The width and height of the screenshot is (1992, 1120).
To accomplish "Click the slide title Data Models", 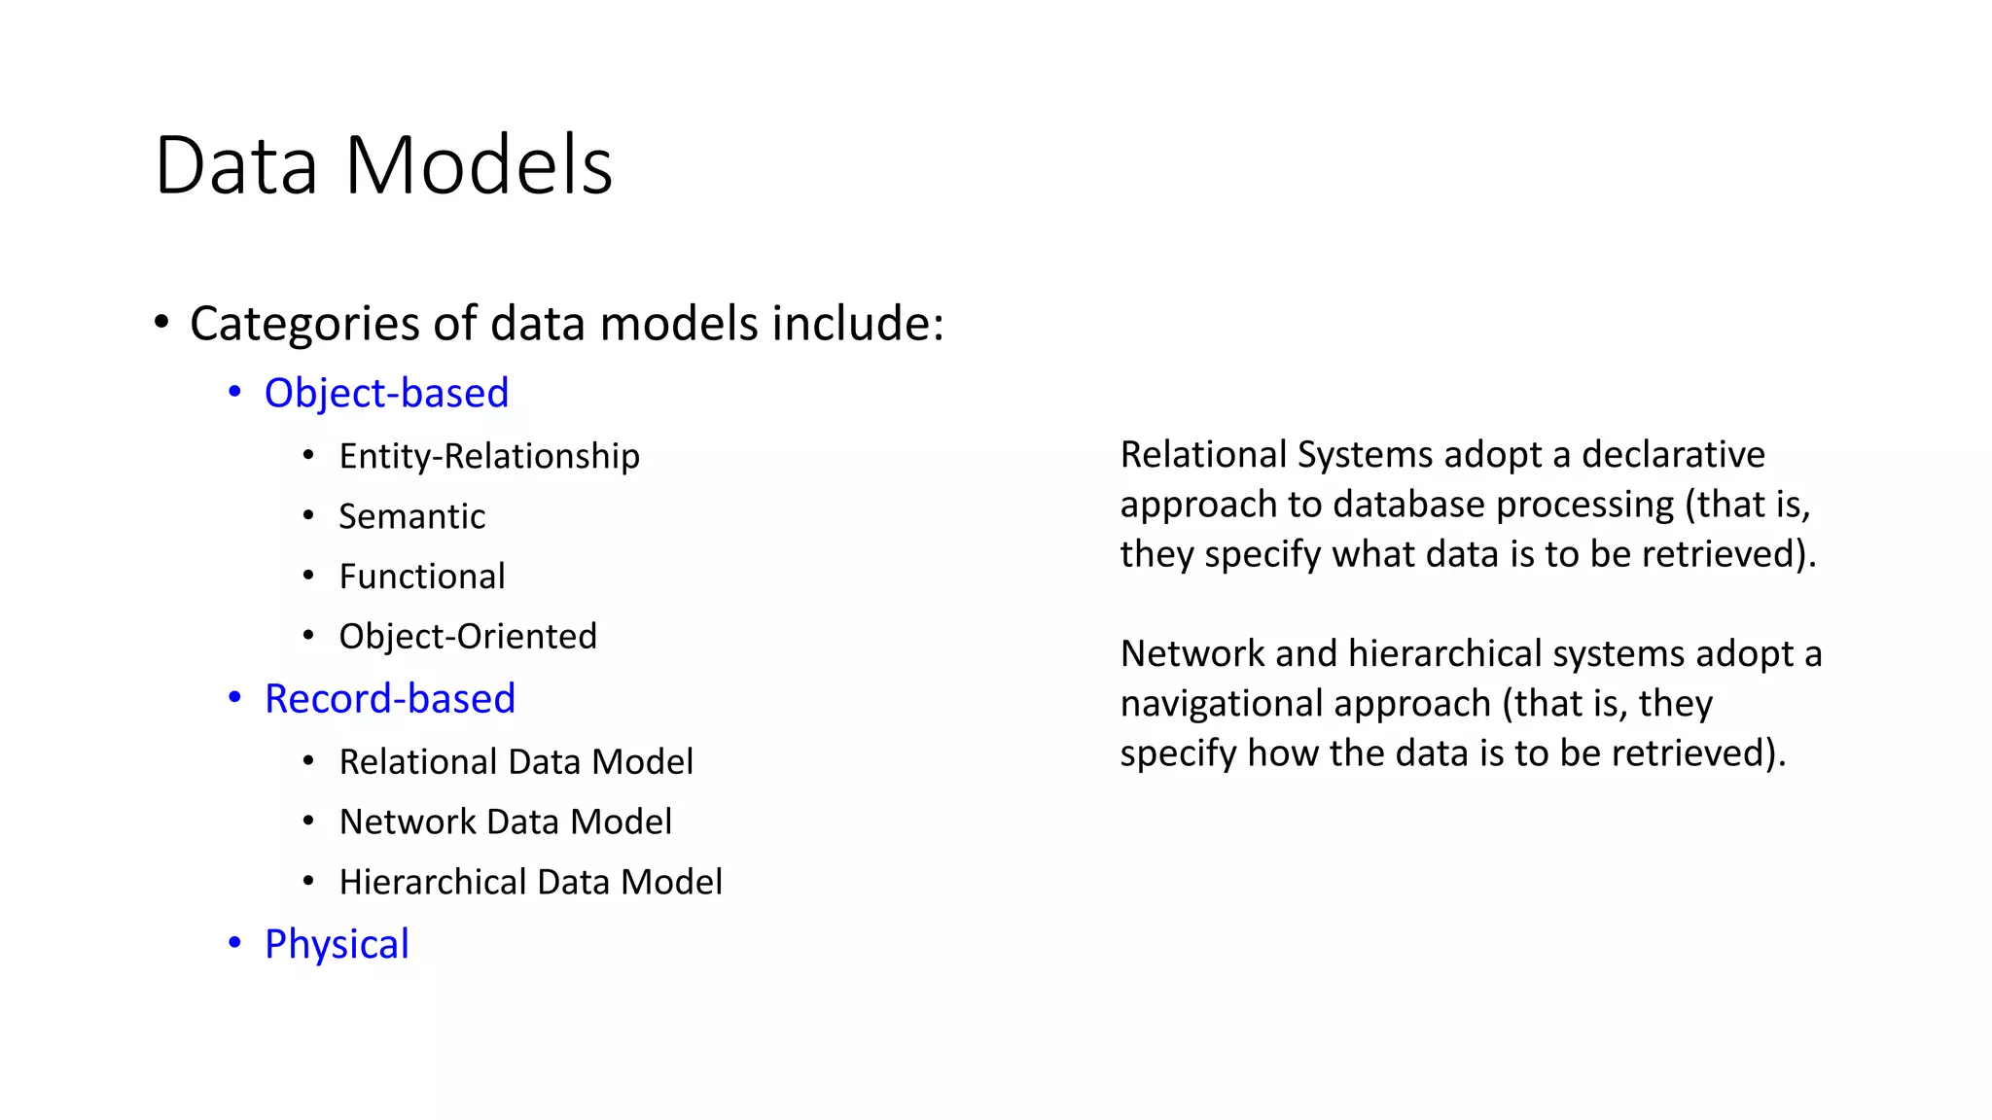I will pos(383,165).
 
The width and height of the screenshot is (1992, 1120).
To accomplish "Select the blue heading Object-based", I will pos(386,393).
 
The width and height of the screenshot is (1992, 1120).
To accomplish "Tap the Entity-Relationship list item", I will pos(489,456).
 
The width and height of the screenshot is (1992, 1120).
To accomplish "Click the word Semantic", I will pos(411,516).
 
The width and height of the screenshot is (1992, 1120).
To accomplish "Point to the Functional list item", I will pos(421,577).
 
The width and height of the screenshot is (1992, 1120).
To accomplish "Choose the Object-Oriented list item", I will pos(468,637).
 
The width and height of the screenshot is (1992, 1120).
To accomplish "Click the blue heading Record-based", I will pos(390,699).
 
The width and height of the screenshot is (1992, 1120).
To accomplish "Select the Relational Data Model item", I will pos(516,762).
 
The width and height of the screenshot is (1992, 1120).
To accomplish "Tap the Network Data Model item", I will pos(505,822).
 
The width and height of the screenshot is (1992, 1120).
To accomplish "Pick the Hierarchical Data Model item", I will pos(530,883).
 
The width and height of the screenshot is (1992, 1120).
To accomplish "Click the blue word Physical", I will pos(337,944).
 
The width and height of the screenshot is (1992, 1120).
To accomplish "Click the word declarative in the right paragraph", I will pos(1673,455).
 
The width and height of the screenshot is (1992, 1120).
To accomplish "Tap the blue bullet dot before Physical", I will pos(234,942).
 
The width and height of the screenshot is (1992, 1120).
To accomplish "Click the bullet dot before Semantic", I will pos(308,515).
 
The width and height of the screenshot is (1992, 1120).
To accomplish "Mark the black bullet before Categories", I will pos(161,322).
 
